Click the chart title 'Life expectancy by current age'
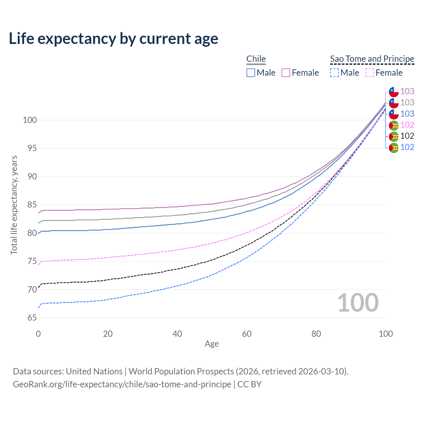[x=113, y=39]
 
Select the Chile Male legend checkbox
[x=251, y=73]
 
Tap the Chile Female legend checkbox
[x=286, y=73]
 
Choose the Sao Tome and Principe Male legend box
[x=334, y=73]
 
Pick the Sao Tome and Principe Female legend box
[x=369, y=73]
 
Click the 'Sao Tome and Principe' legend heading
[x=372, y=59]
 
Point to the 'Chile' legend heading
[x=256, y=59]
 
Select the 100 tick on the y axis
[x=30, y=120]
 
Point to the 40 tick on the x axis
[x=177, y=334]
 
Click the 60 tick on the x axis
[x=247, y=334]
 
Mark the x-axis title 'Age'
[x=212, y=344]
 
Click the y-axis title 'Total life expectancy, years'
[x=14, y=205]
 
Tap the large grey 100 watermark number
[x=358, y=303]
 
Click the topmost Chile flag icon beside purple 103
[x=394, y=92]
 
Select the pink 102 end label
[x=407, y=125]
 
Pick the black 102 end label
[x=407, y=136]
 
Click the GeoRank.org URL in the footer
[x=122, y=384]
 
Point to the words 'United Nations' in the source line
[x=94, y=371]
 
